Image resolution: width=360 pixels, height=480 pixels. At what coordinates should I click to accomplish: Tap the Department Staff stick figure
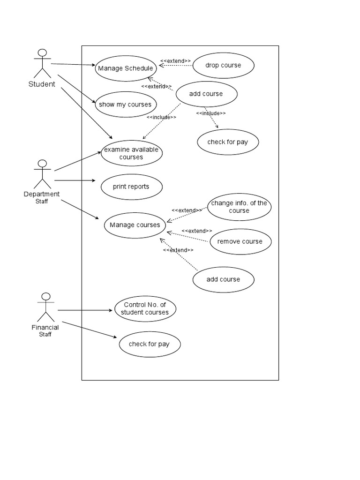(42, 174)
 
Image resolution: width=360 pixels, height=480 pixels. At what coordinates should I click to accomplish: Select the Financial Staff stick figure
(46, 307)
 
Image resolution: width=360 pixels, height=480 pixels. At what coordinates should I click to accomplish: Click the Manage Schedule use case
(126, 68)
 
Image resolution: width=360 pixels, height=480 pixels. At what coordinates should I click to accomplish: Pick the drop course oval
(224, 66)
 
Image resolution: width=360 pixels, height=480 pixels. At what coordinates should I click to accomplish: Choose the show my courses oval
(126, 105)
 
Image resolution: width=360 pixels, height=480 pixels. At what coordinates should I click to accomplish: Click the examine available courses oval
(132, 153)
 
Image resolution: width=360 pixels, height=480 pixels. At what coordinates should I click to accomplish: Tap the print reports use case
(132, 187)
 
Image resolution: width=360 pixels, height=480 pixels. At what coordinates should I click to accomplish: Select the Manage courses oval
(135, 225)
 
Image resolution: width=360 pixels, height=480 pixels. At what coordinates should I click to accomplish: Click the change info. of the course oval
(240, 207)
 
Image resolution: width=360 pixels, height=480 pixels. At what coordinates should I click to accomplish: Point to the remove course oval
(240, 241)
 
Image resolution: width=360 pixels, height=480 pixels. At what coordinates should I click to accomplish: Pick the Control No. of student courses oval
(145, 308)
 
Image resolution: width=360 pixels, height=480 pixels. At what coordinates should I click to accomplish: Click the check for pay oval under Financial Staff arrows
(150, 344)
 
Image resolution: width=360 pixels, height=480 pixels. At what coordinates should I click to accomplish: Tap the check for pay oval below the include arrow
(228, 142)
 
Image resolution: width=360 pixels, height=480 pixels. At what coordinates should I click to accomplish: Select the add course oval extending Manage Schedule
(207, 94)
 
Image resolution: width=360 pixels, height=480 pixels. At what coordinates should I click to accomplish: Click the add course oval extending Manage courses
(224, 279)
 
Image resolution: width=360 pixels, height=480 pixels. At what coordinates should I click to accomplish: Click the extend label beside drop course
(175, 61)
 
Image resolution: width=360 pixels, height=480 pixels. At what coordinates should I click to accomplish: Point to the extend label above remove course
(197, 231)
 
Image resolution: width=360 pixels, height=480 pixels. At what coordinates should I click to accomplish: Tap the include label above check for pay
(211, 113)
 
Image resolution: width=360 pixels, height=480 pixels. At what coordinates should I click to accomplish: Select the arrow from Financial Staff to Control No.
(85, 310)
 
